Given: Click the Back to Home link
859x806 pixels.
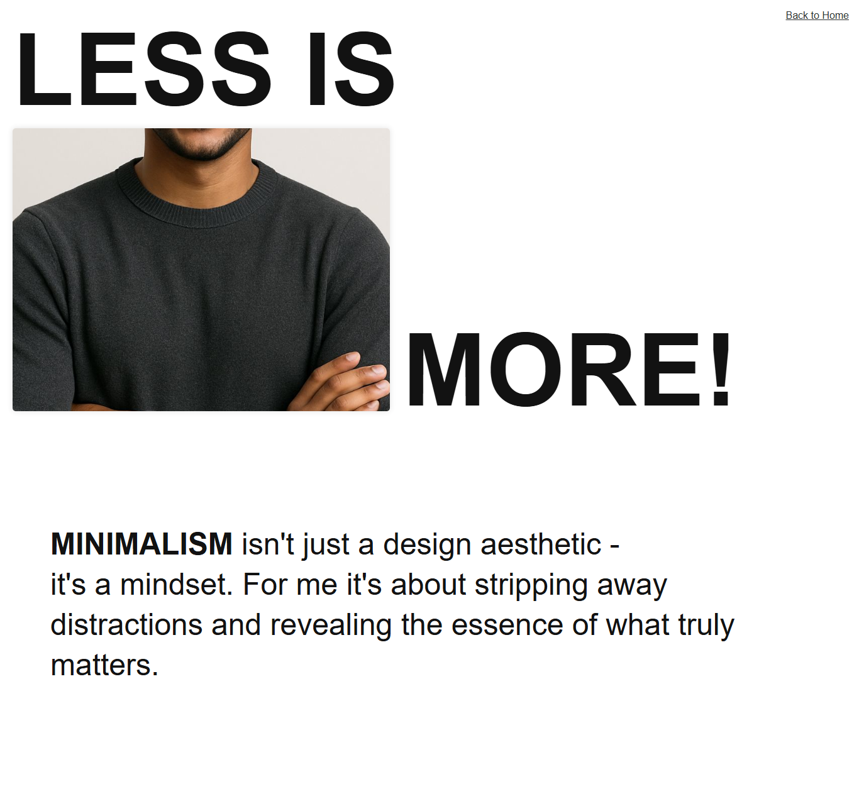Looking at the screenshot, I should (817, 15).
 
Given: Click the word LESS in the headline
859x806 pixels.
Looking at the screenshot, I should (143, 70).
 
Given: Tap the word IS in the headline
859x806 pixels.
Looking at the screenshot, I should (351, 70).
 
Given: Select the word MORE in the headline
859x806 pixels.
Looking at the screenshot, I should (554, 370).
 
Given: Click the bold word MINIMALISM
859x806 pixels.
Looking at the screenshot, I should (141, 544).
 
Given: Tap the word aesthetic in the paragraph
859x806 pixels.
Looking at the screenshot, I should (541, 544).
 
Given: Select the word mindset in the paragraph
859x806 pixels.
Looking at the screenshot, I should (176, 585).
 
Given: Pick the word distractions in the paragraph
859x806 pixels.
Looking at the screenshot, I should (126, 625).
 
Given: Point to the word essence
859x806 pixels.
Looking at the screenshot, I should (507, 625).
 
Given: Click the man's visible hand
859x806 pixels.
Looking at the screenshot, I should (343, 384).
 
